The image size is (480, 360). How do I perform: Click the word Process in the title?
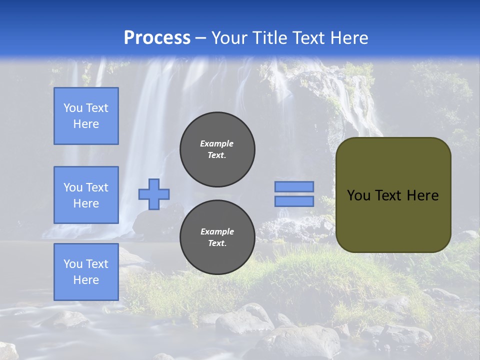(157, 38)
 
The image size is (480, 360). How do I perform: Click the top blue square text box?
(86, 116)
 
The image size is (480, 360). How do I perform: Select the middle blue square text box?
(86, 195)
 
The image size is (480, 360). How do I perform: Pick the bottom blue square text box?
(86, 271)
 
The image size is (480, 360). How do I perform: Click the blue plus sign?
(154, 194)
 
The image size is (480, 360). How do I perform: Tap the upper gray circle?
(217, 149)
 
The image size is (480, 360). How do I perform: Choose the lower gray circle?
(217, 237)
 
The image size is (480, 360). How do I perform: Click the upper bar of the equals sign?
(294, 186)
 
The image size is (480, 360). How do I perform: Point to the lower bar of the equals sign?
(294, 201)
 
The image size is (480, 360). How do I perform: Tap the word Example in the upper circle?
(217, 143)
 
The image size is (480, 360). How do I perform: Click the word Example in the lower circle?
(217, 231)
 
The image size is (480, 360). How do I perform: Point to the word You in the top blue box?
(72, 108)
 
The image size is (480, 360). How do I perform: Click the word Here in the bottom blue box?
(86, 280)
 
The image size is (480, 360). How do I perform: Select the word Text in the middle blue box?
(97, 187)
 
